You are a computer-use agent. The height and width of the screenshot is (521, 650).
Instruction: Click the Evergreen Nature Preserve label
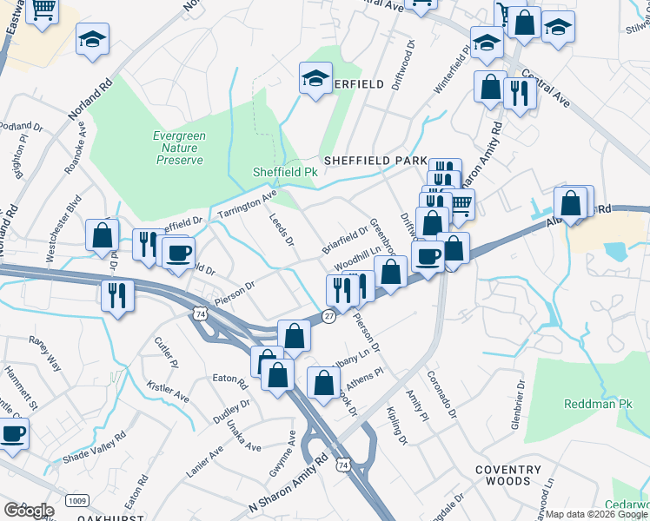point(179,148)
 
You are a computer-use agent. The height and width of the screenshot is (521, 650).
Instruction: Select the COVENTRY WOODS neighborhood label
point(514,475)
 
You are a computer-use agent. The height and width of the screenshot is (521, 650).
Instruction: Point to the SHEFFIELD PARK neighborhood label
point(375,162)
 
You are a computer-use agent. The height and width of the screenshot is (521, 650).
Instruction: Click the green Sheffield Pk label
point(284,173)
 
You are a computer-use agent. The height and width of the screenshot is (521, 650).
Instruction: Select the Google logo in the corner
point(29,510)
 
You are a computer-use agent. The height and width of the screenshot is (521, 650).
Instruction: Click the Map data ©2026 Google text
point(596,514)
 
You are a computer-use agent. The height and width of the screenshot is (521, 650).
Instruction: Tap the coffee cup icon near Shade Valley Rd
point(12,433)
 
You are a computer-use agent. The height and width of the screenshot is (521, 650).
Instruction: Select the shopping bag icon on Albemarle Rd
point(571,204)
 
